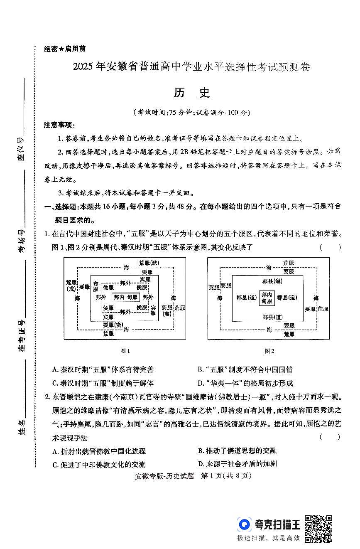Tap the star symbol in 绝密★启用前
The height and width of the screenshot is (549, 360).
[61, 49]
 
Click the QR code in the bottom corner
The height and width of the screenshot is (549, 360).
[318, 529]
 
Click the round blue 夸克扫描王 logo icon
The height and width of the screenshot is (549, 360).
[245, 525]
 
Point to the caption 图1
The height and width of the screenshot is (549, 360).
[125, 351]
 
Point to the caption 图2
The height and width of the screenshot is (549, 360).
[269, 351]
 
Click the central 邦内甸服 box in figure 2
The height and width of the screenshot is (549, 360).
[266, 298]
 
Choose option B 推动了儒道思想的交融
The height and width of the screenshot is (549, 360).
[237, 451]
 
